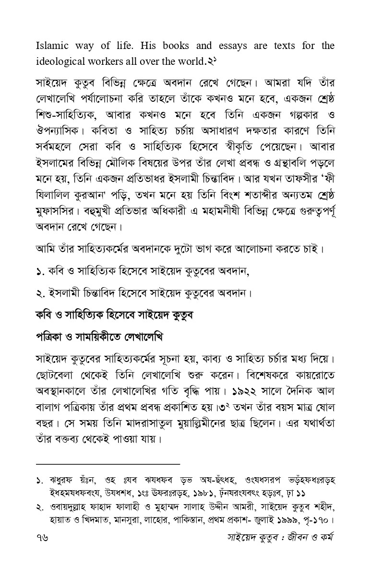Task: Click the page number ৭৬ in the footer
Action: [42, 549]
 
